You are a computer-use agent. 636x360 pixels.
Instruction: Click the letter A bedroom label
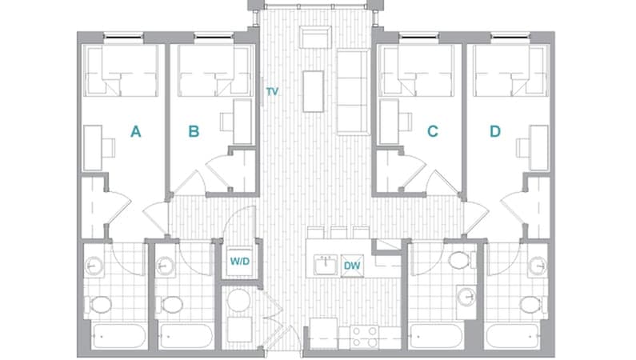136,132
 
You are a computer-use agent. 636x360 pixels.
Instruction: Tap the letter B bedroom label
193,132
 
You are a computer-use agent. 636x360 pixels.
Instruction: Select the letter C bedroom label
433,132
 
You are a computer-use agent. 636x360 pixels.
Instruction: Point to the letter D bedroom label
495,132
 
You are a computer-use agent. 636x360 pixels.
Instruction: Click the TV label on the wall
272,92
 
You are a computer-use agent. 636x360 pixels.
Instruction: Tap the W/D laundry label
239,261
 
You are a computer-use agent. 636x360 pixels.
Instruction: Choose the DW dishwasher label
351,266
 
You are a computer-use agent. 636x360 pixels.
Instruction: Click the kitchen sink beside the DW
326,264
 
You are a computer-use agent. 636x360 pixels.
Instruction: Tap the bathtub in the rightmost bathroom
515,336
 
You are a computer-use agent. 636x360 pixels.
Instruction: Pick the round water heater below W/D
238,302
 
